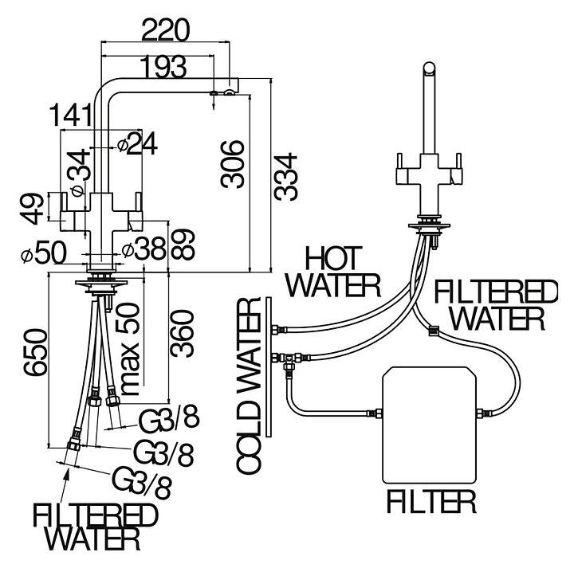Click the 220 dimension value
[166, 30]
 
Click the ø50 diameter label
[43, 253]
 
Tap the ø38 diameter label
[143, 249]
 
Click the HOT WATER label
[334, 271]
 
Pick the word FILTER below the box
[431, 502]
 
